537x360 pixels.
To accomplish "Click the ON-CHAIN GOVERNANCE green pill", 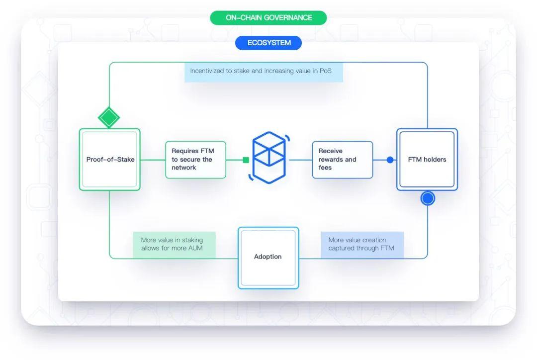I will pyautogui.click(x=268, y=18).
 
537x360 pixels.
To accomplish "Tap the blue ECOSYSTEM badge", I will pyautogui.click(x=268, y=43).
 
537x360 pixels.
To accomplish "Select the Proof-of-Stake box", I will pyautogui.click(x=110, y=160).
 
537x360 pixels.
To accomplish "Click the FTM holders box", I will pyautogui.click(x=427, y=160).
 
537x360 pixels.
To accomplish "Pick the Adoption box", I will pyautogui.click(x=268, y=257).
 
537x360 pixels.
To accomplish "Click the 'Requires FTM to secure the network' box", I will pyautogui.click(x=195, y=160).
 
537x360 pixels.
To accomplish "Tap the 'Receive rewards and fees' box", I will pyautogui.click(x=342, y=160).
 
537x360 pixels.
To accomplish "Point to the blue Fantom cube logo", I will pyautogui.click(x=269, y=156).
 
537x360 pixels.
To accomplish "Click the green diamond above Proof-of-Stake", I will pyautogui.click(x=109, y=118).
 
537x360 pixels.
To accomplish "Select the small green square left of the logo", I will pyautogui.click(x=246, y=160).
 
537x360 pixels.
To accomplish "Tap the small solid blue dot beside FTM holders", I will pyautogui.click(x=390, y=160).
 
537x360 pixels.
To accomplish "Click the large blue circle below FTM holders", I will pyautogui.click(x=428, y=198).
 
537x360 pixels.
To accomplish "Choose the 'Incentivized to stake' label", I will pyautogui.click(x=264, y=71).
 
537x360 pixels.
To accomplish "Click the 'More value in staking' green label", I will pyautogui.click(x=174, y=244).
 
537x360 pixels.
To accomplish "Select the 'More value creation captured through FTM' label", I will pyautogui.click(x=361, y=244).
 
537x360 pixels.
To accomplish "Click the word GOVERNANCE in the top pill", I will pyautogui.click(x=288, y=18).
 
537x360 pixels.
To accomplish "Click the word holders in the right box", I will pyautogui.click(x=435, y=160).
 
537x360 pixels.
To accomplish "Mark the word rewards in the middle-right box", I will pyautogui.click(x=331, y=160).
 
